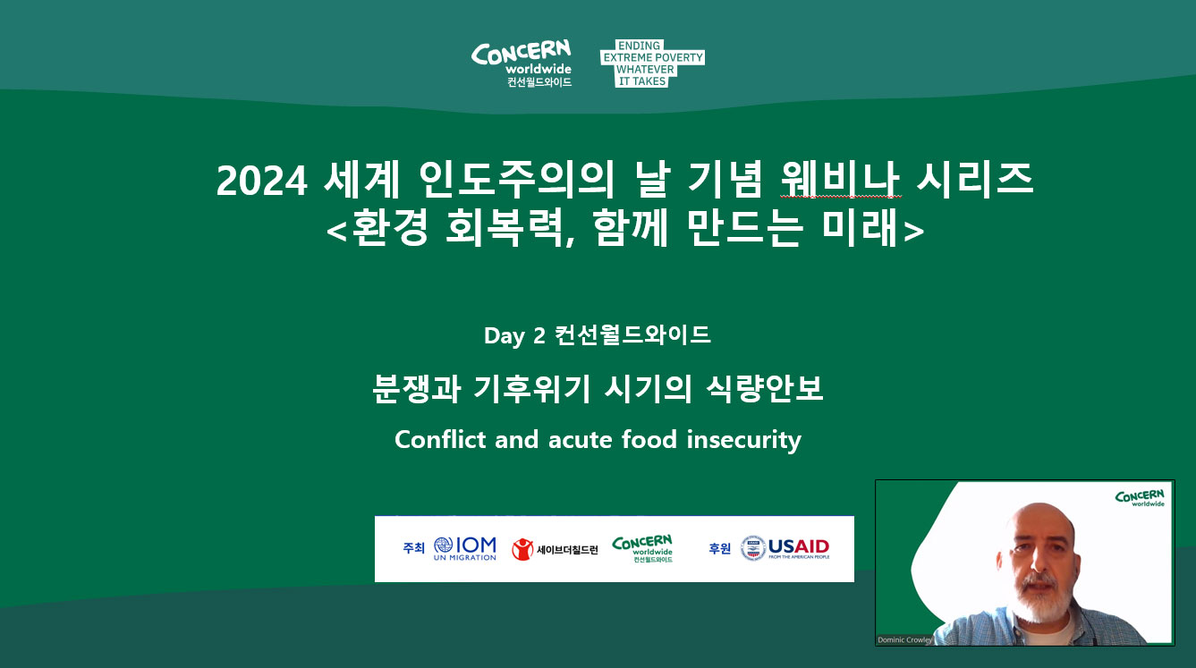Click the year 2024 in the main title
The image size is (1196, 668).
[x=261, y=181]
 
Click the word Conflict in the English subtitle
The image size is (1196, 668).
[x=440, y=440]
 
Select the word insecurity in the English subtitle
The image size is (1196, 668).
[x=743, y=441]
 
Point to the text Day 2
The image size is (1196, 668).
[x=514, y=336]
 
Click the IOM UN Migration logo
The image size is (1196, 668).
[x=465, y=548]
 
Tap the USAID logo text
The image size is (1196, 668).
[x=799, y=548]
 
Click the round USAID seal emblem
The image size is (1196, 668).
[x=753, y=548]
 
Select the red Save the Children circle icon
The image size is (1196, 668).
[x=522, y=549]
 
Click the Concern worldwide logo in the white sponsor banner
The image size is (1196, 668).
[x=642, y=548]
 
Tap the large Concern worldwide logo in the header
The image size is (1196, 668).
[x=522, y=63]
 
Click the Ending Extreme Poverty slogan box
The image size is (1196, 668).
[x=652, y=63]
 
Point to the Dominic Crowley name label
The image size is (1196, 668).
[x=904, y=639]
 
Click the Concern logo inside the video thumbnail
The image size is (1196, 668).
[x=1140, y=498]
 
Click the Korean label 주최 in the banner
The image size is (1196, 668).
[x=414, y=548]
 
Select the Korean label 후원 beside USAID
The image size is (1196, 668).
[x=719, y=548]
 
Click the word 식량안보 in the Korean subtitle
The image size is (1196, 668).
[x=765, y=388]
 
